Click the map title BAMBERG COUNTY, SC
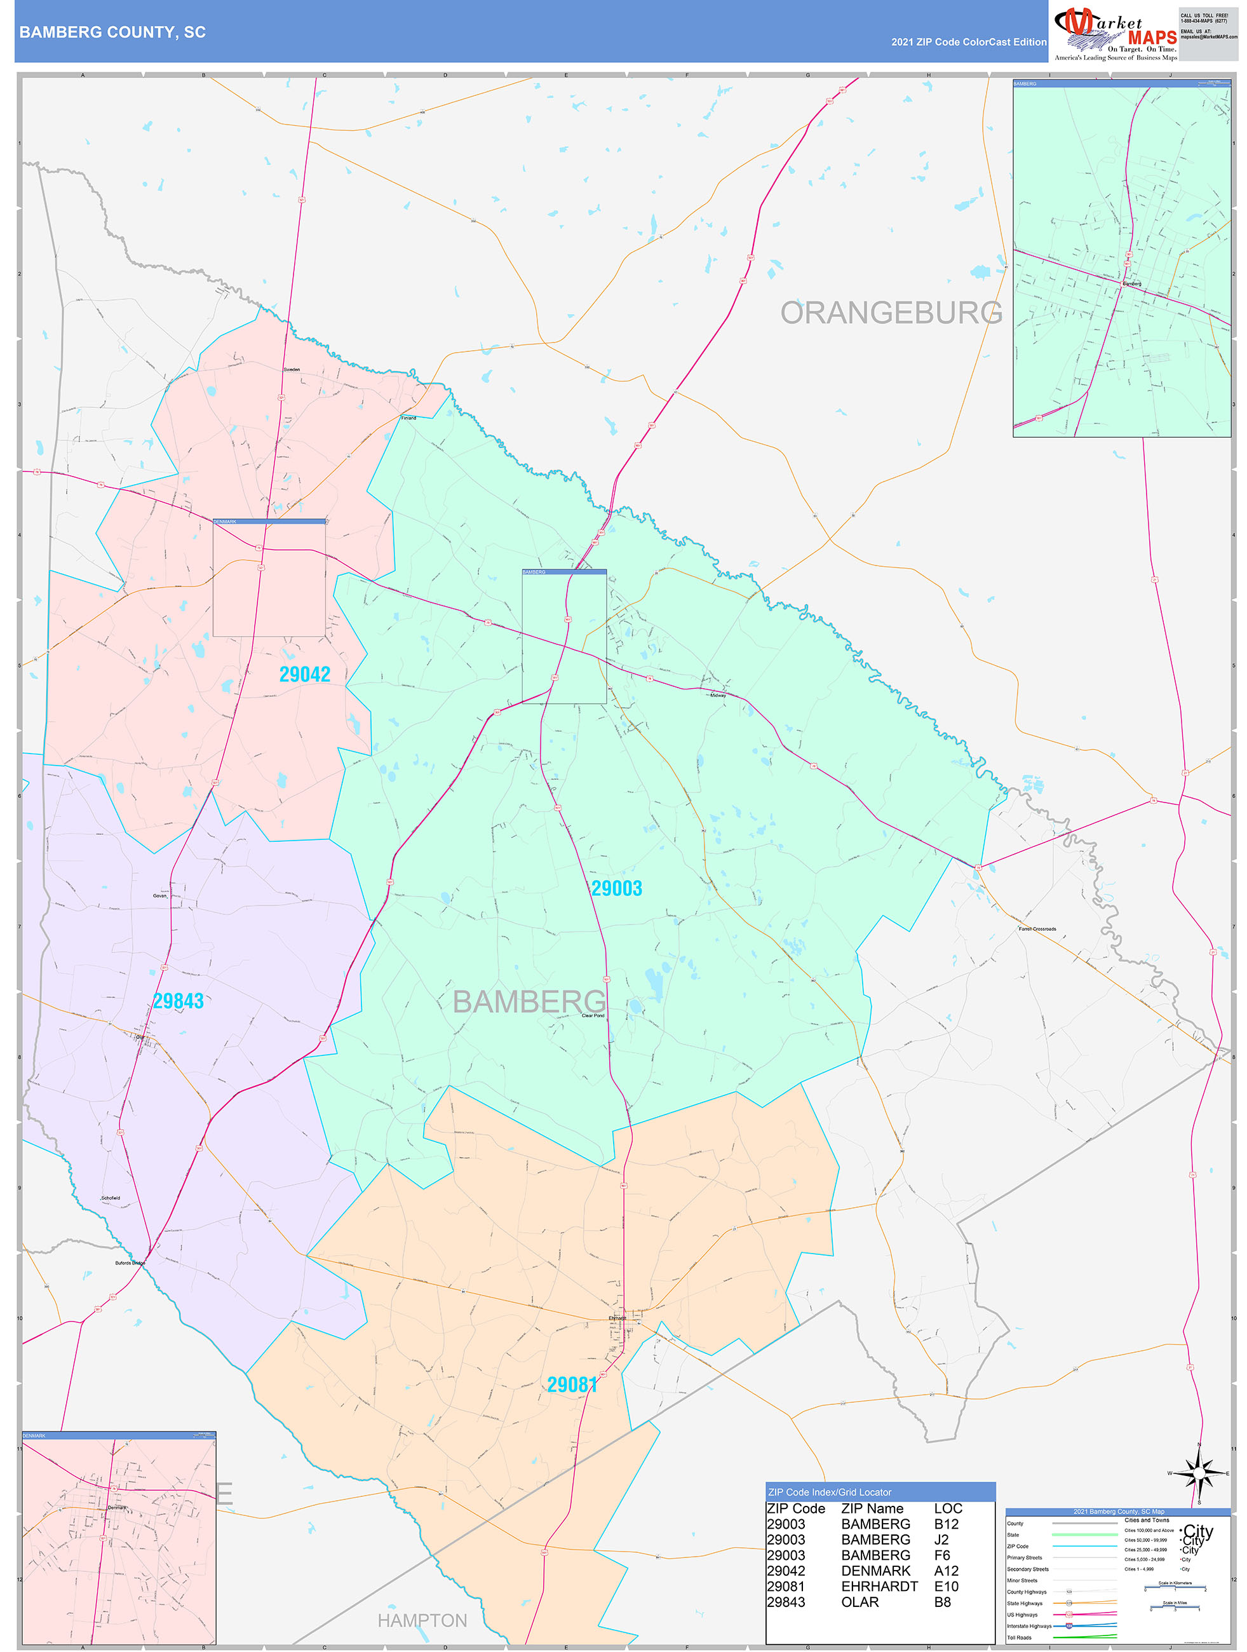coord(112,32)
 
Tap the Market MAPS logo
coord(1115,33)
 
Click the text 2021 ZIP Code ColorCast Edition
coord(969,42)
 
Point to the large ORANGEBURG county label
coord(891,313)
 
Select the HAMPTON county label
coord(422,1620)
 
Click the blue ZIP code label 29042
coord(305,674)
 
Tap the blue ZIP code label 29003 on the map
coord(616,888)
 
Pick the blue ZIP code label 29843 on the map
coord(179,1001)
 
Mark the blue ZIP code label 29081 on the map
coord(572,1385)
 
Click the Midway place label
coord(718,695)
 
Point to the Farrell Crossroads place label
coord(1037,929)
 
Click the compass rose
coord(1199,1473)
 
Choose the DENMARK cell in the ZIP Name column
coord(875,1571)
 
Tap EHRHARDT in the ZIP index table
coord(879,1587)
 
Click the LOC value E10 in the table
coord(945,1587)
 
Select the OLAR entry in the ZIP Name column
coord(859,1602)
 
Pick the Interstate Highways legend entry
coord(1028,1626)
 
